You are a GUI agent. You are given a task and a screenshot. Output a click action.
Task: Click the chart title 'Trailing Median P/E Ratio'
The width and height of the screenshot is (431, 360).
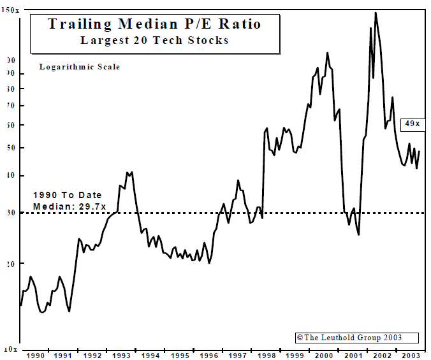click(154, 24)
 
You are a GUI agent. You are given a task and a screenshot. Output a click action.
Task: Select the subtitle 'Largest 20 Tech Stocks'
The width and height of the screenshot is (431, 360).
click(154, 40)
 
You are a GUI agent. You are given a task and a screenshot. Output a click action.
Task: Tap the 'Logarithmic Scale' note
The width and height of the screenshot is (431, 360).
click(79, 67)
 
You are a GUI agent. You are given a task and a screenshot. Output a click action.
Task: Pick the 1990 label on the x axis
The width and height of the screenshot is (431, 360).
click(34, 356)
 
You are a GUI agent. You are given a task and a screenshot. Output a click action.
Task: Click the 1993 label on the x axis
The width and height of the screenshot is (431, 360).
click(121, 356)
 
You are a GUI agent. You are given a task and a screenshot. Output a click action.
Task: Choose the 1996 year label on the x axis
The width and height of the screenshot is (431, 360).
click(209, 356)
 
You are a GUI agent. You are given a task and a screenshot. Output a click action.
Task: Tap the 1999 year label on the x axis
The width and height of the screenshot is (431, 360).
click(296, 356)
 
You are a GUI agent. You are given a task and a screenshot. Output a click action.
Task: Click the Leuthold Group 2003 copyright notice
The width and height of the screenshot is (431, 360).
click(357, 338)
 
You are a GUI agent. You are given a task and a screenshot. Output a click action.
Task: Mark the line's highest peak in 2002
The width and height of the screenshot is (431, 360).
click(376, 13)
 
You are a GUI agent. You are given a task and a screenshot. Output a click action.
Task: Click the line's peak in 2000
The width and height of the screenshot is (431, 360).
click(327, 53)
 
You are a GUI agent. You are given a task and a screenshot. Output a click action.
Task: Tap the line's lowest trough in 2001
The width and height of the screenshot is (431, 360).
click(359, 234)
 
